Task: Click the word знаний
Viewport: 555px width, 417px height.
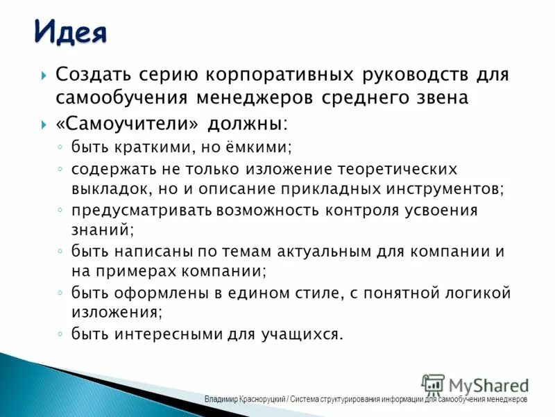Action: (102, 228)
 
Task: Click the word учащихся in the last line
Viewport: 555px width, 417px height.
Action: (303, 334)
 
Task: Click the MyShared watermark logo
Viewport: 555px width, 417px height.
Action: (475, 385)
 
